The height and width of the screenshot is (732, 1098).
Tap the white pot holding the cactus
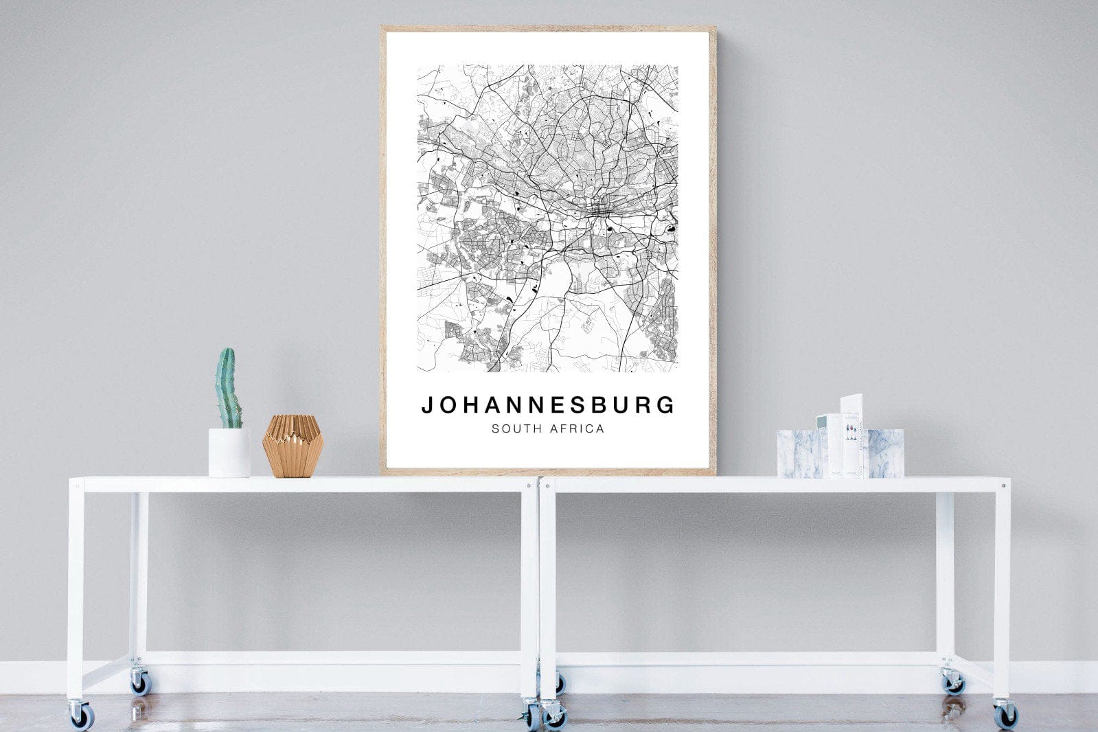point(229,453)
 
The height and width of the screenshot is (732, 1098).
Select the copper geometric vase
point(293,446)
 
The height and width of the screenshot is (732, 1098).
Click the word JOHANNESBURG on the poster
point(548,405)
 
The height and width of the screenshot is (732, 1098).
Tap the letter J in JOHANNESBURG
point(426,406)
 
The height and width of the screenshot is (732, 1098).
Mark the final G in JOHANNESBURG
point(667,405)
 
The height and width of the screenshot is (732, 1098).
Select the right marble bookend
point(886,453)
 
